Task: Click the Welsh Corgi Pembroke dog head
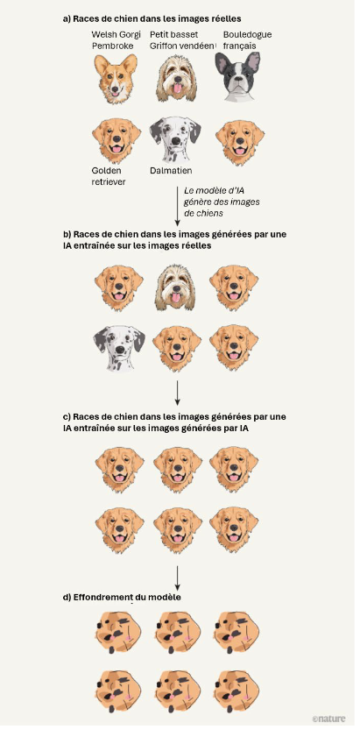click(x=116, y=78)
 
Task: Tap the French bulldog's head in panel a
click(x=237, y=76)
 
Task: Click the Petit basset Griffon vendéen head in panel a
click(x=176, y=78)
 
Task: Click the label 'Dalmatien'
click(x=171, y=171)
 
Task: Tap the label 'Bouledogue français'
click(x=247, y=40)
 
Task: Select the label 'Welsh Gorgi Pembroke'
click(x=116, y=40)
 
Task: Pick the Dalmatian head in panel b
click(x=119, y=348)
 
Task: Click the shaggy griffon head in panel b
click(x=175, y=287)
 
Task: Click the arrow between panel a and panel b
click(x=177, y=205)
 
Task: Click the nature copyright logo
click(x=328, y=719)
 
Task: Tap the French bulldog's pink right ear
click(x=253, y=62)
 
